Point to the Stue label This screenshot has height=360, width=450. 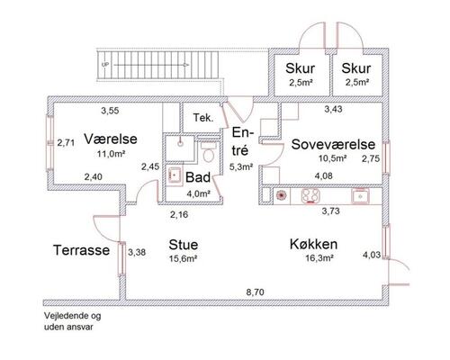click(183, 245)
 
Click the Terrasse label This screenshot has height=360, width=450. click(80, 249)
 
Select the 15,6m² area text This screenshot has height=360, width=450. click(183, 259)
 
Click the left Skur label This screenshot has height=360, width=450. click(299, 69)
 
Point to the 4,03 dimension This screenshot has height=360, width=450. click(371, 255)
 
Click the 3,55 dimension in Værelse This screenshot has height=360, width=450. click(110, 112)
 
